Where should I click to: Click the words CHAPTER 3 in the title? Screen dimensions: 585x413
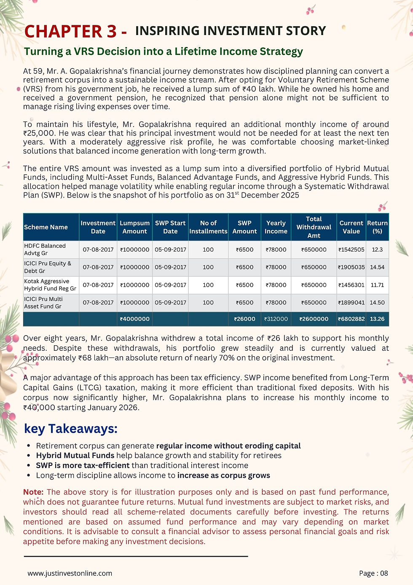pyautogui.click(x=70, y=32)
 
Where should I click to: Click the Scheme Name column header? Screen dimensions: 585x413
pyautogui.click(x=46, y=227)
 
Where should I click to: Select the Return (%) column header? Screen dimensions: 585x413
pyautogui.click(x=377, y=227)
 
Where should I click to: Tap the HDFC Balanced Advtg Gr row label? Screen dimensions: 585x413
pyautogui.click(x=45, y=249)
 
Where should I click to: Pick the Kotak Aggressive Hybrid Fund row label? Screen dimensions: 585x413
pyautogui.click(x=50, y=285)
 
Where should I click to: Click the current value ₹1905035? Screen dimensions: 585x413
pyautogui.click(x=351, y=267)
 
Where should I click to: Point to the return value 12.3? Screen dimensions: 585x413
pyautogui.click(x=377, y=249)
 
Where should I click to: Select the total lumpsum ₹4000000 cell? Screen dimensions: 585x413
pyautogui.click(x=134, y=319)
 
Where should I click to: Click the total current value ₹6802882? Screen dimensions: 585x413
pyautogui.click(x=351, y=319)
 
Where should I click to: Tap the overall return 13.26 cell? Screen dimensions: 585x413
pyautogui.click(x=377, y=319)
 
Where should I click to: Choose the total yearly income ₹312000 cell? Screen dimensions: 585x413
pyautogui.click(x=276, y=319)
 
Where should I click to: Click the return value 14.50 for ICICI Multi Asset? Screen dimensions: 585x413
pyautogui.click(x=377, y=303)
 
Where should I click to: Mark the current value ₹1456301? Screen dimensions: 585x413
pyautogui.click(x=351, y=285)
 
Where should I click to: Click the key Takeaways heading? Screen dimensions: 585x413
pyautogui.click(x=71, y=429)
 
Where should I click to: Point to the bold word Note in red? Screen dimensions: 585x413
pyautogui.click(x=33, y=492)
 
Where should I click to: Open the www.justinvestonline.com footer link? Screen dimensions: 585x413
pyautogui.click(x=70, y=573)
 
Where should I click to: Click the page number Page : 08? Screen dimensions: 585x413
pyautogui.click(x=373, y=573)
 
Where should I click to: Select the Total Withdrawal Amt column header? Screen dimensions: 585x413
pyautogui.click(x=314, y=227)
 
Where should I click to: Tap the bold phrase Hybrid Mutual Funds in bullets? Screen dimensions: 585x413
pyautogui.click(x=75, y=455)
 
